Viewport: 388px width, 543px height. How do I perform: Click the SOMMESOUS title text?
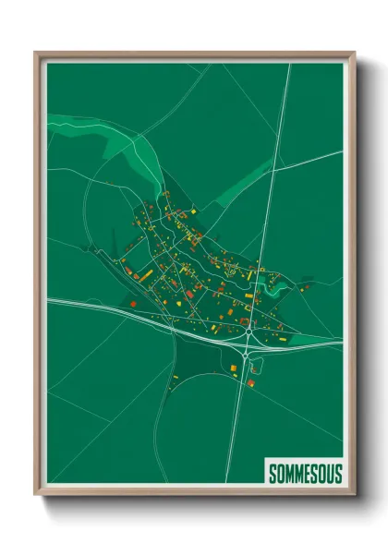[305, 473]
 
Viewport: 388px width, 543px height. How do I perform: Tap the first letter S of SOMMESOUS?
[272, 473]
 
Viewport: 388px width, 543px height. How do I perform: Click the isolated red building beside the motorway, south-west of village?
[132, 303]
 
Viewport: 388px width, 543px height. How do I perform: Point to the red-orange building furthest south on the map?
[250, 380]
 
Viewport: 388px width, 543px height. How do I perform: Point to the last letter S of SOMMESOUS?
[338, 473]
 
